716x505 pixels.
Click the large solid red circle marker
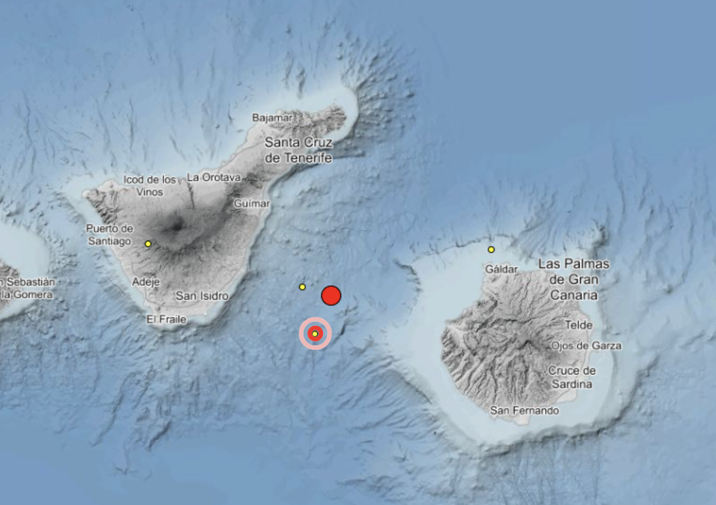(x=331, y=296)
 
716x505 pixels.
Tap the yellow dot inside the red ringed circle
(x=315, y=333)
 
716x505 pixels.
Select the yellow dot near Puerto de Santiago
(x=148, y=244)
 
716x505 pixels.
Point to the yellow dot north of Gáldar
(x=491, y=250)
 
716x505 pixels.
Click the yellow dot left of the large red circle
(x=302, y=287)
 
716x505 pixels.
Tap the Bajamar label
(x=272, y=118)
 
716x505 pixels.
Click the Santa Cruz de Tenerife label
(x=298, y=150)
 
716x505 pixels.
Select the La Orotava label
(x=214, y=177)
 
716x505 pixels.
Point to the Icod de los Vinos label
(x=150, y=185)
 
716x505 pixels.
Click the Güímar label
(x=252, y=204)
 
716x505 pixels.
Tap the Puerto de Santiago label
(x=109, y=235)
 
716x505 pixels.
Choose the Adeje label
(x=146, y=282)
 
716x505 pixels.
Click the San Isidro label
(x=202, y=296)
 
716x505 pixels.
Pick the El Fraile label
(x=166, y=319)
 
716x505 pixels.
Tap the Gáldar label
(x=501, y=269)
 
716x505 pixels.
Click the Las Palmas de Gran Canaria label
(x=574, y=279)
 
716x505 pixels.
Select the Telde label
(x=578, y=325)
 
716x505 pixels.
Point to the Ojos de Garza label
(x=586, y=345)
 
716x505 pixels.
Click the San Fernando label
(x=524, y=411)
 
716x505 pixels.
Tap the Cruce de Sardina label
(x=572, y=377)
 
